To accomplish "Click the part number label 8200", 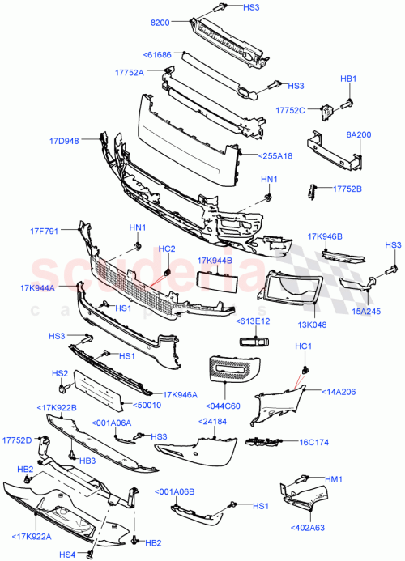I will pyautogui.click(x=162, y=25).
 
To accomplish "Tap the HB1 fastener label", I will pyautogui.click(x=347, y=79).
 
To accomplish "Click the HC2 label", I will pyautogui.click(x=166, y=249).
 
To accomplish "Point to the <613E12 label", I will pyautogui.click(x=252, y=321).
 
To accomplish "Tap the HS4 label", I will pyautogui.click(x=66, y=554).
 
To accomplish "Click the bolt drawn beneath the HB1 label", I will pyautogui.click(x=349, y=102).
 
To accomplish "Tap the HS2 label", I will pyautogui.click(x=58, y=373).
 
